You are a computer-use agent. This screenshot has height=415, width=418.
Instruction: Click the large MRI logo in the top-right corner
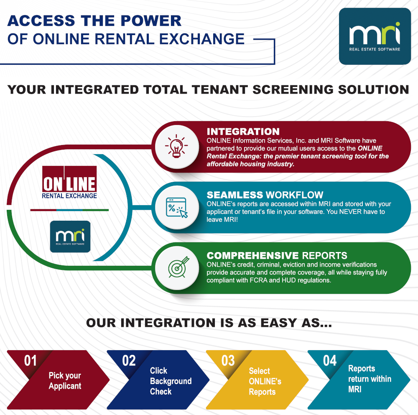pyautogui.click(x=375, y=36)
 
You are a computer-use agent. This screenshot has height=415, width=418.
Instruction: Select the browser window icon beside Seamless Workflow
pyautogui.click(x=177, y=207)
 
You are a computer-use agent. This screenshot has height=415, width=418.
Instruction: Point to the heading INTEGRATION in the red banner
pyautogui.click(x=243, y=132)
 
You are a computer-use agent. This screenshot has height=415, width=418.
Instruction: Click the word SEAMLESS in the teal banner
pyautogui.click(x=235, y=195)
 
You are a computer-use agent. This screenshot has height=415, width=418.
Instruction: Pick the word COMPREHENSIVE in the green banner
pyautogui.click(x=253, y=256)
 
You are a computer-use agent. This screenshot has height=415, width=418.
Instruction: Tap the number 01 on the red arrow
pyautogui.click(x=31, y=361)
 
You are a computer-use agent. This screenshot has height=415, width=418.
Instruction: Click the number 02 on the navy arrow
pyautogui.click(x=129, y=361)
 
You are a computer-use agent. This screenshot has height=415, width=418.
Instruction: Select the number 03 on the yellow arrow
pyautogui.click(x=228, y=361)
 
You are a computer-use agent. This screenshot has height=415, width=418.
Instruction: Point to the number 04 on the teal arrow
pyautogui.click(x=330, y=361)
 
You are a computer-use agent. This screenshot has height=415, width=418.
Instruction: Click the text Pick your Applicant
pyautogui.click(x=65, y=381)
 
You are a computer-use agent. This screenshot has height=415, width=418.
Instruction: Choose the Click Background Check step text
pyautogui.click(x=171, y=381)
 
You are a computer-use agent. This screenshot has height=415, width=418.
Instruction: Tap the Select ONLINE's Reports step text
pyautogui.click(x=265, y=381)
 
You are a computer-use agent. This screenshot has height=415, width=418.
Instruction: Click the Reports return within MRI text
pyautogui.click(x=370, y=379)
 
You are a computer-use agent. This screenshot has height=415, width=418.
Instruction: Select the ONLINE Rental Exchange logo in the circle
pyautogui.click(x=69, y=182)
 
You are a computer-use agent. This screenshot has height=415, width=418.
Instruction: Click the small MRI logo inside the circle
pyautogui.click(x=70, y=237)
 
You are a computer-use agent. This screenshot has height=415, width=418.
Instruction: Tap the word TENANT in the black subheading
pyautogui.click(x=220, y=89)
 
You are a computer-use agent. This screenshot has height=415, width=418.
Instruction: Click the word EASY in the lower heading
pyautogui.click(x=278, y=323)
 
